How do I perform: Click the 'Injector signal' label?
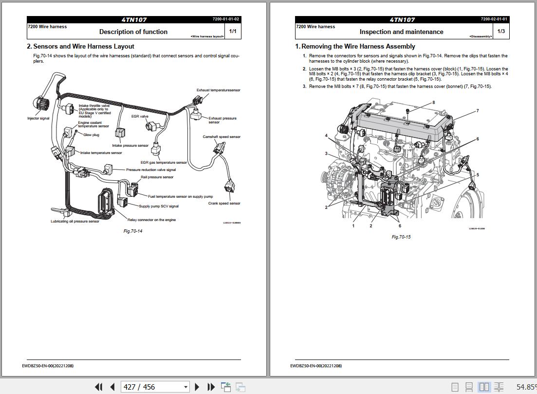click(38, 119)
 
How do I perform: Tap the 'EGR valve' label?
click(140, 117)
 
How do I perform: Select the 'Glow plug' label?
click(91, 135)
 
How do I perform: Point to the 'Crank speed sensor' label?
click(224, 204)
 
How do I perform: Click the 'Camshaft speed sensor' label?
click(222, 137)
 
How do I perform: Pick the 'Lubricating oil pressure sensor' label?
click(75, 222)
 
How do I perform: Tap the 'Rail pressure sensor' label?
click(157, 177)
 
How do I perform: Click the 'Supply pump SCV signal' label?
click(159, 206)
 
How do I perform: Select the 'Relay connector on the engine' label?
click(151, 220)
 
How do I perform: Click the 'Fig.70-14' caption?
click(133, 231)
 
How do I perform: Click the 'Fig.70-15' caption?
click(401, 237)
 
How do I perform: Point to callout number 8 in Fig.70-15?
click(433, 103)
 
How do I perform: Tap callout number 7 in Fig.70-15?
click(478, 111)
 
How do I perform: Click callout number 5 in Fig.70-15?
click(478, 175)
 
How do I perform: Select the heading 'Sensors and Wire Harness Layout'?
click(83, 47)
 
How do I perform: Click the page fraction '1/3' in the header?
click(501, 32)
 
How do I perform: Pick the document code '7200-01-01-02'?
click(225, 19)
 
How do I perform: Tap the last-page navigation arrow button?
click(211, 387)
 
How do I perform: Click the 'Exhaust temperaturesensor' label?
click(218, 90)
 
